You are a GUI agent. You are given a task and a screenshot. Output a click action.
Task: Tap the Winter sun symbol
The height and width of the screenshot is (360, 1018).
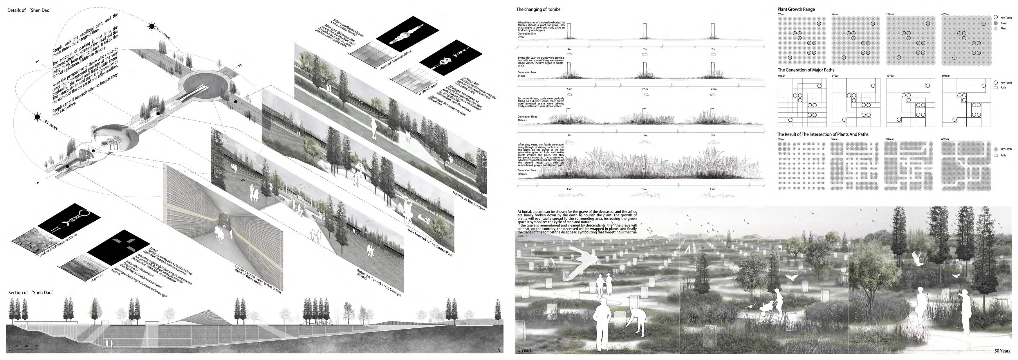pyautogui.click(x=37, y=117)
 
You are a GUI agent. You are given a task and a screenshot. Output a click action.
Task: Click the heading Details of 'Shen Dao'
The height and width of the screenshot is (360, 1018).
pyautogui.click(x=30, y=10)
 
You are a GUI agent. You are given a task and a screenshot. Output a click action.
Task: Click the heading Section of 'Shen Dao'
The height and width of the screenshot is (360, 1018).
pyautogui.click(x=30, y=292)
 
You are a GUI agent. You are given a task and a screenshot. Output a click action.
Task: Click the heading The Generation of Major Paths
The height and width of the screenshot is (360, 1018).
pyautogui.click(x=806, y=70)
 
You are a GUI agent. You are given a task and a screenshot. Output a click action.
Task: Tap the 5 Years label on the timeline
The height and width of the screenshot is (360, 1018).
pyautogui.click(x=525, y=350)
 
